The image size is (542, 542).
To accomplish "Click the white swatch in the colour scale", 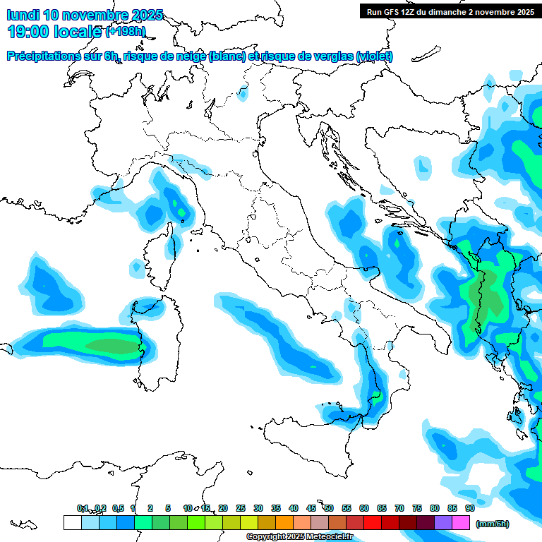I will pos(72,522).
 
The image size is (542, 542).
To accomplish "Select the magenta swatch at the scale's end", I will pos(461,522).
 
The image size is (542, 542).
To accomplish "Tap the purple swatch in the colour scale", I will pos(443,522).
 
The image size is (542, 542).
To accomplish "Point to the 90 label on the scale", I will pos(469,508).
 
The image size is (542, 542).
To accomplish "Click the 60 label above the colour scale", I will pos(364,508).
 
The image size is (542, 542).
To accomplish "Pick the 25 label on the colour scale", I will pos(241,508).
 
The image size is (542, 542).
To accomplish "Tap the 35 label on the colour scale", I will pos(276,508).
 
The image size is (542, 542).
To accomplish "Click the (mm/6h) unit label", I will pos(492,524).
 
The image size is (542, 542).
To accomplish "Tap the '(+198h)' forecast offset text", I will pos(126,32).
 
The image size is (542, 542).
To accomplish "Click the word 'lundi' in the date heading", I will pos(22,15).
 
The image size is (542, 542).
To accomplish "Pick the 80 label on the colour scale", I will pos(435,508).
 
